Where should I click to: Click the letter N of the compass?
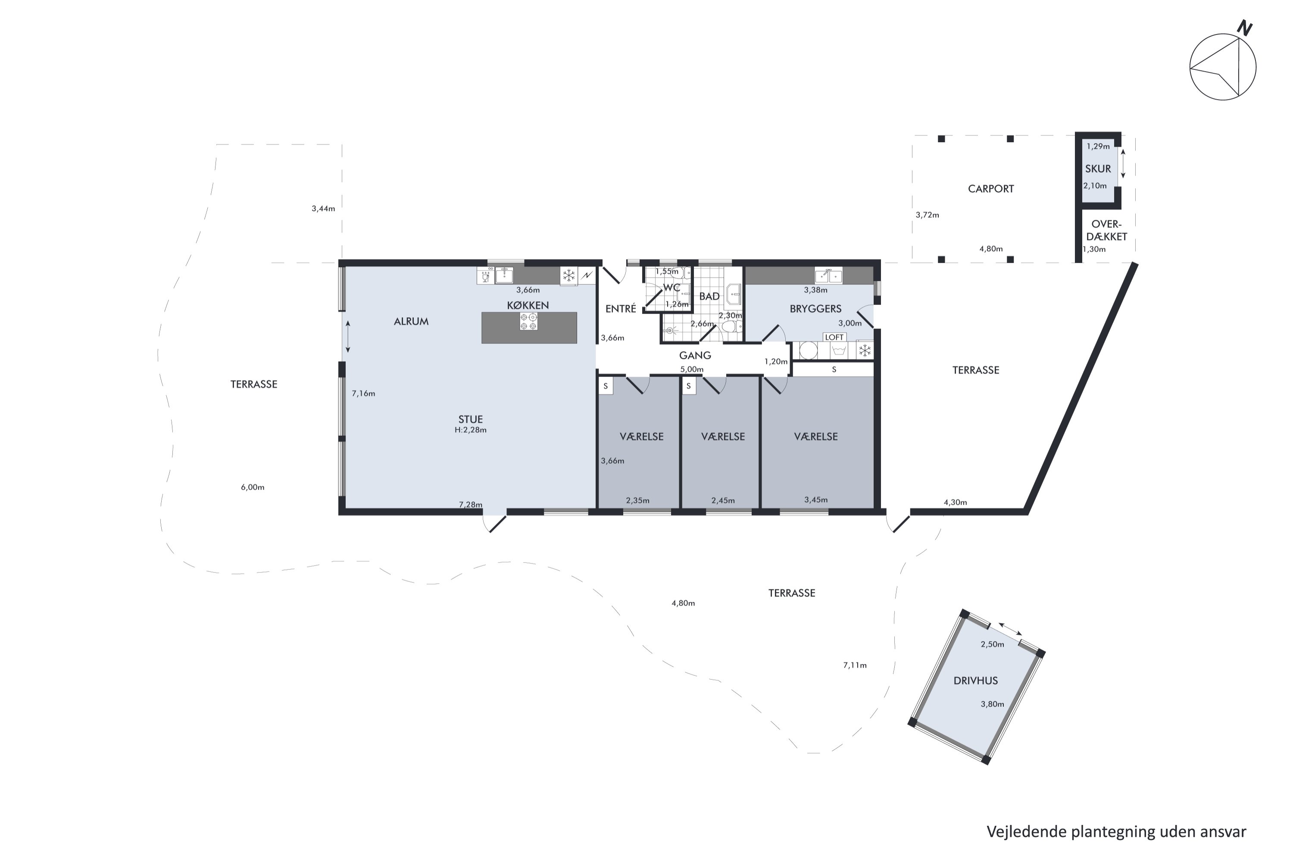[1245, 28]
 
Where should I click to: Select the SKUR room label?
[1098, 169]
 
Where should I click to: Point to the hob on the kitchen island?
[529, 322]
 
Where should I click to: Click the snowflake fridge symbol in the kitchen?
[569, 275]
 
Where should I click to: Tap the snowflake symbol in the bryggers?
[865, 350]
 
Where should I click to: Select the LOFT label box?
[834, 337]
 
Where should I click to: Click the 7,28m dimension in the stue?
[471, 505]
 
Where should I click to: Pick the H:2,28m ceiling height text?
[471, 430]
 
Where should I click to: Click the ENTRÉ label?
[621, 309]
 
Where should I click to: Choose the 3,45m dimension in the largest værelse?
[816, 500]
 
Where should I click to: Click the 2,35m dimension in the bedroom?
[638, 500]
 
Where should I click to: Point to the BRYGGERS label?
[815, 309]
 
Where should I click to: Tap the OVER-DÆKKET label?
[1107, 230]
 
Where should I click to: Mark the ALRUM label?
[411, 322]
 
